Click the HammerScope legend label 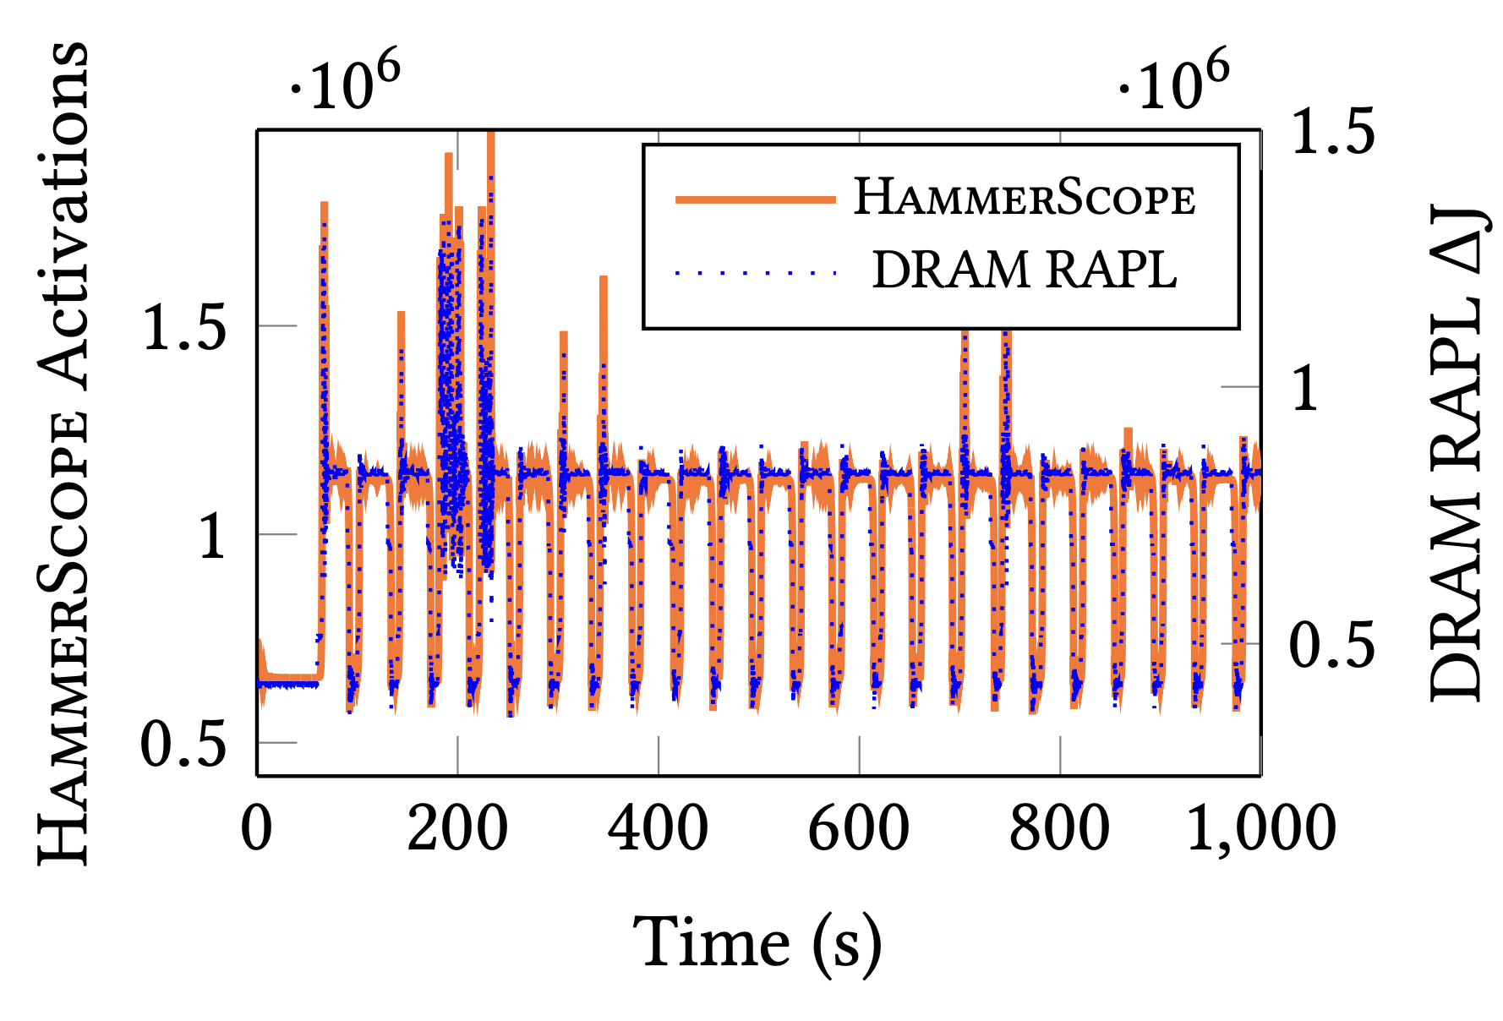pyautogui.click(x=1025, y=199)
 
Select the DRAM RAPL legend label pyautogui.click(x=1025, y=270)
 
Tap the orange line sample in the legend pyautogui.click(x=755, y=199)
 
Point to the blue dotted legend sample pyautogui.click(x=755, y=272)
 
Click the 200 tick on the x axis pyautogui.click(x=457, y=828)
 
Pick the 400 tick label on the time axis pyautogui.click(x=658, y=828)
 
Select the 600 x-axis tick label pyautogui.click(x=859, y=828)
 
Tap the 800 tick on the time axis pyautogui.click(x=1059, y=828)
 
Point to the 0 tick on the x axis pyautogui.click(x=257, y=828)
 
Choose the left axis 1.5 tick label pyautogui.click(x=184, y=327)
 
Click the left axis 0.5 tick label pyautogui.click(x=184, y=744)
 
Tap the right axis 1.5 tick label pyautogui.click(x=1333, y=132)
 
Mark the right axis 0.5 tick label pyautogui.click(x=1333, y=646)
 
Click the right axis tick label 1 pyautogui.click(x=1306, y=389)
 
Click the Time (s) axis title pyautogui.click(x=757, y=942)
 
